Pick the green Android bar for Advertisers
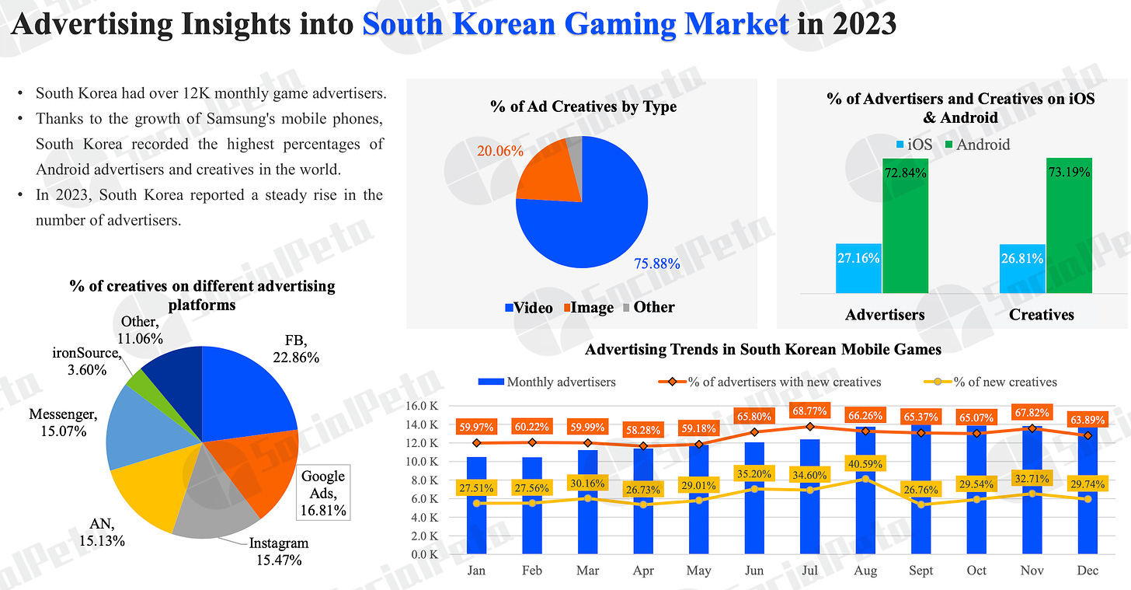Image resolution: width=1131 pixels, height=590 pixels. click(x=905, y=225)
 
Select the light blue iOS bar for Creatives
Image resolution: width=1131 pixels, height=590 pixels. click(x=1021, y=269)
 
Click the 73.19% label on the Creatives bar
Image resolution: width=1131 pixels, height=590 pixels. click(x=1069, y=172)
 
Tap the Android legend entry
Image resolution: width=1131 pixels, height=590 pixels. click(x=976, y=144)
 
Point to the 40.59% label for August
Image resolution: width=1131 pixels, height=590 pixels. click(x=865, y=465)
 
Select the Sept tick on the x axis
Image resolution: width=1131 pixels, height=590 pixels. click(x=920, y=571)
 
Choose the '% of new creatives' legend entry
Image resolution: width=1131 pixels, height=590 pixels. click(x=997, y=382)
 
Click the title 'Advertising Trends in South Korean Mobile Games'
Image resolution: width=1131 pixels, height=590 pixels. click(x=763, y=349)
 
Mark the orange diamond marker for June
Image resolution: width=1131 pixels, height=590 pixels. click(x=753, y=432)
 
